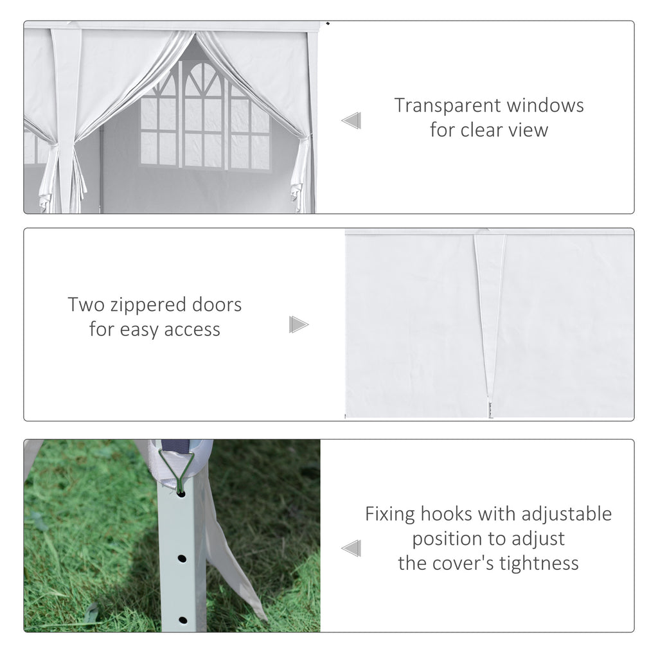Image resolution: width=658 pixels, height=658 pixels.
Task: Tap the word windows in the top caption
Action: point(546,105)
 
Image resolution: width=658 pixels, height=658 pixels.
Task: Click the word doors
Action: point(217,304)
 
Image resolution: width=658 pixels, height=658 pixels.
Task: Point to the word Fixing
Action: point(391,514)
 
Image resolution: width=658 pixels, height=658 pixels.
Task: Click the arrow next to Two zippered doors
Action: point(298,325)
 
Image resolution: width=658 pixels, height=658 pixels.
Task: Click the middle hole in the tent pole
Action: point(182,558)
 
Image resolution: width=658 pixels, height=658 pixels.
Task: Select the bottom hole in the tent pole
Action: point(182,621)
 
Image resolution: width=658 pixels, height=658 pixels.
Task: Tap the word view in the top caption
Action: point(529,130)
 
